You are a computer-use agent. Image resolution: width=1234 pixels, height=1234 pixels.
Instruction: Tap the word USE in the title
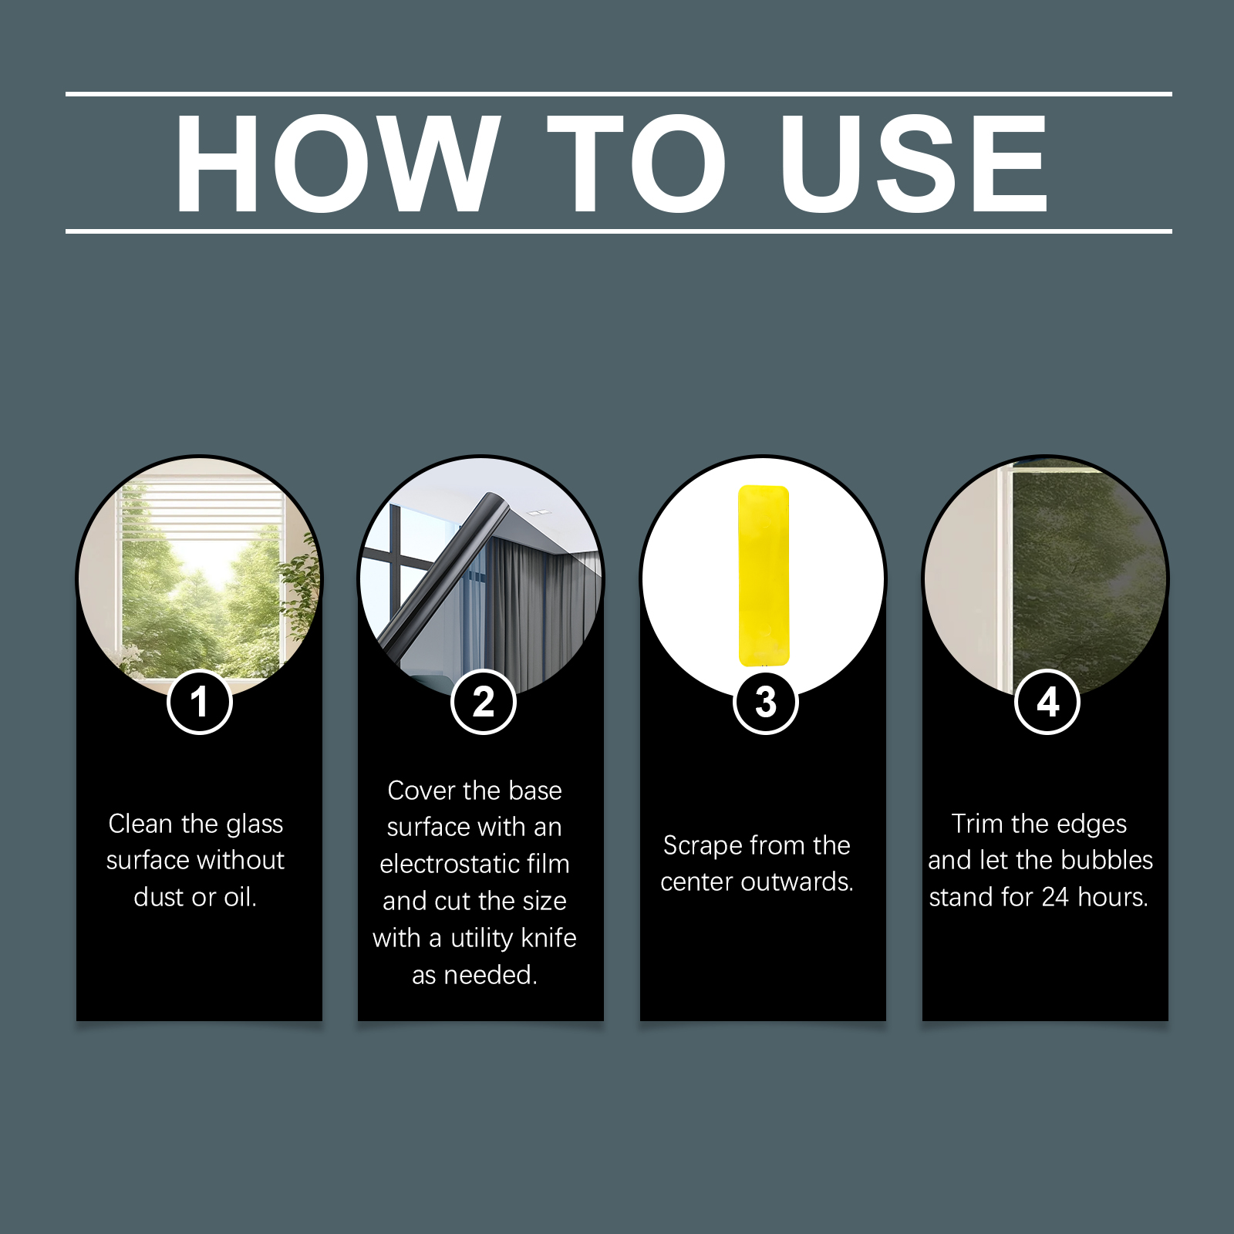[914, 163]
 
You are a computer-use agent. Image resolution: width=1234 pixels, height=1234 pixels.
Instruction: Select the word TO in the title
[638, 163]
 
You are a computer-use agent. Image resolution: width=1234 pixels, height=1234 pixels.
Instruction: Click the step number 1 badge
[200, 702]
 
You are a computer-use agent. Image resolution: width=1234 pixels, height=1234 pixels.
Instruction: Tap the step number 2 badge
[483, 702]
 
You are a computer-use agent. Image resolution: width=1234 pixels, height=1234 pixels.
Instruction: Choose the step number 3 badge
[765, 702]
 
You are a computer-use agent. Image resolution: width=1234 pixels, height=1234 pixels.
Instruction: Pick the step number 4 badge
[1047, 702]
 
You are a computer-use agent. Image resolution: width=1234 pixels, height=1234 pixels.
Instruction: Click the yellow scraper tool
[764, 575]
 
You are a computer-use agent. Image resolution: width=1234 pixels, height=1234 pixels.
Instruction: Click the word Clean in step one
[140, 824]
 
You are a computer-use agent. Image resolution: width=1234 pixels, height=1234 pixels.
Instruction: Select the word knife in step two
[549, 938]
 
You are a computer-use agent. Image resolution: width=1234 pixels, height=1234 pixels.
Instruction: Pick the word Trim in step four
[977, 824]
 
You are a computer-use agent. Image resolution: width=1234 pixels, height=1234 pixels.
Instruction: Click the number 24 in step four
[1055, 897]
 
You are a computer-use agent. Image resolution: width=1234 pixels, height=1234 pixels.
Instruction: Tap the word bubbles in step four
[1108, 860]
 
